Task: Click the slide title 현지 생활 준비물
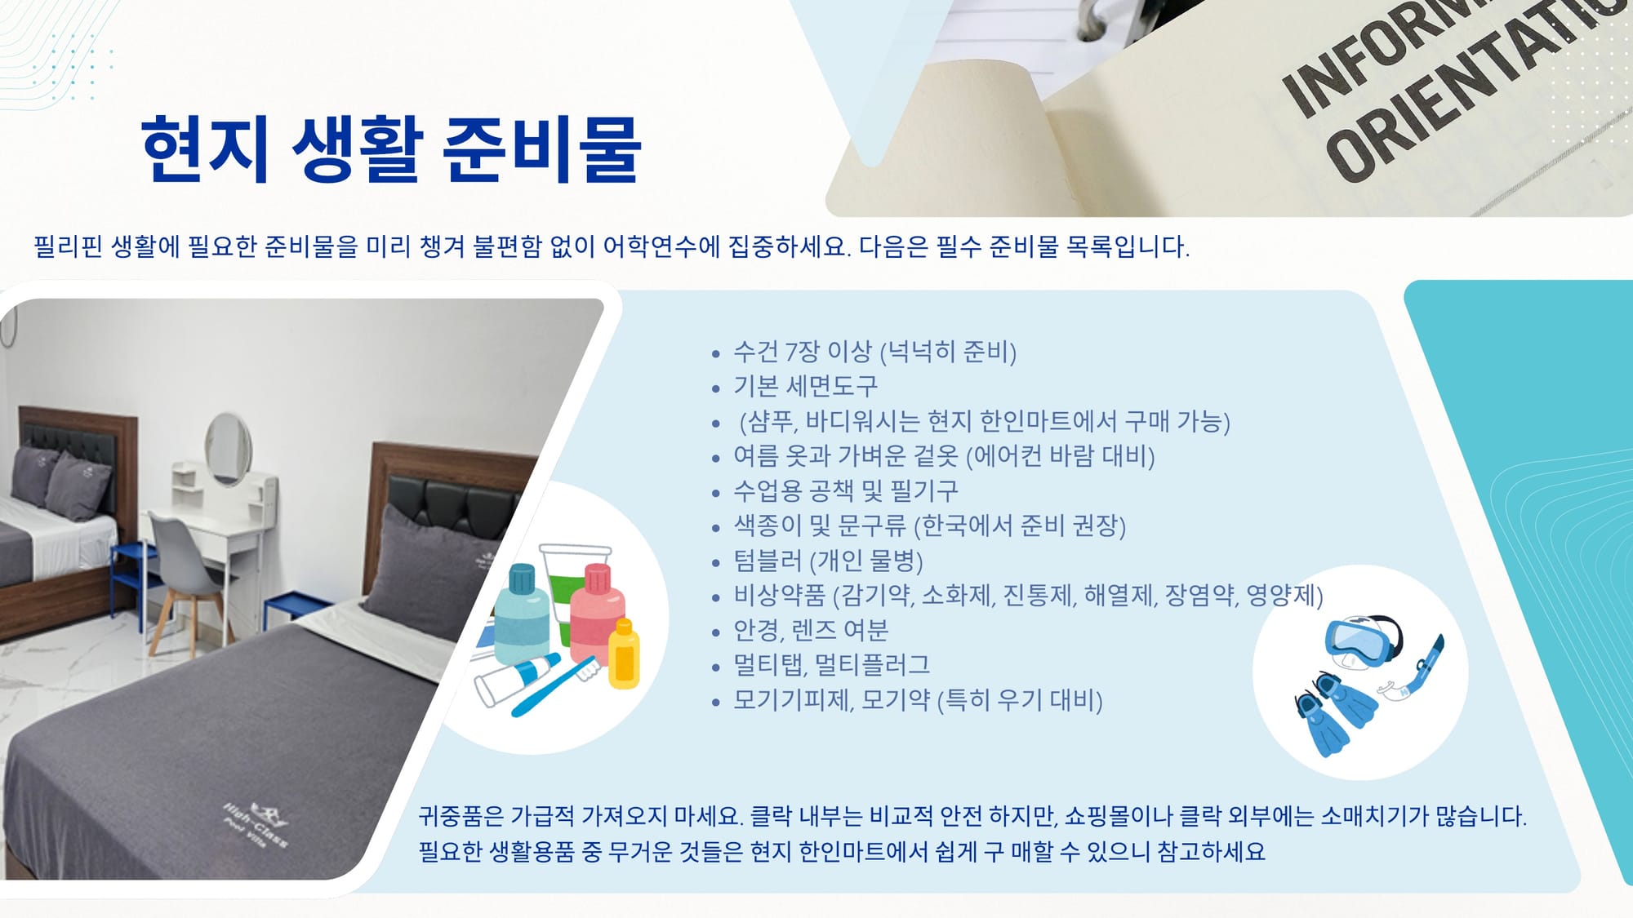pyautogui.click(x=391, y=149)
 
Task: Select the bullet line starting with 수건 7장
pyautogui.click(x=874, y=352)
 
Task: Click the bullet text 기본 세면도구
pyautogui.click(x=805, y=386)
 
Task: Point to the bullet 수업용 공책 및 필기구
pyautogui.click(x=845, y=490)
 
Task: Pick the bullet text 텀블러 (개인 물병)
pyautogui.click(x=828, y=561)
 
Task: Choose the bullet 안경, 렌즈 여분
pyautogui.click(x=811, y=630)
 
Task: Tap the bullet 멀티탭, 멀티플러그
pyautogui.click(x=831, y=664)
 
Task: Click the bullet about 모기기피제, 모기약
pyautogui.click(x=918, y=700)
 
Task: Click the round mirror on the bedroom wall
pyautogui.click(x=228, y=448)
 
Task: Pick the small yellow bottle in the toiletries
pyautogui.click(x=624, y=654)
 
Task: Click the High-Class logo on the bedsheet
pyautogui.click(x=256, y=825)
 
